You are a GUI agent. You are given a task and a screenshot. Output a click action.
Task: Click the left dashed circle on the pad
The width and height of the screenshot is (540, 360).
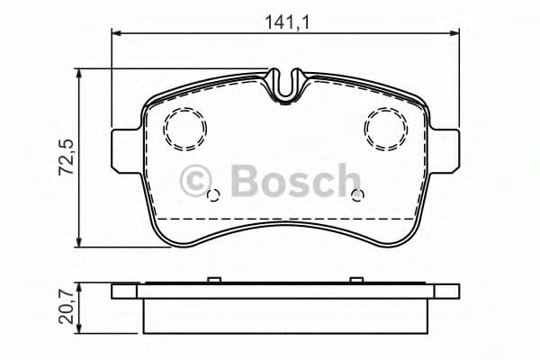(x=184, y=129)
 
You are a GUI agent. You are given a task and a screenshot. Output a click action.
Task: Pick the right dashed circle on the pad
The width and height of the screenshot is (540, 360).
(x=386, y=129)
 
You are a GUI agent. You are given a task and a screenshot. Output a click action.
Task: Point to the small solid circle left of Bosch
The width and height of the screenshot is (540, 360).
(x=213, y=196)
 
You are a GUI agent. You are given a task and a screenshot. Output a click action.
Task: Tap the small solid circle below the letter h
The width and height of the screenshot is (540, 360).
(x=357, y=196)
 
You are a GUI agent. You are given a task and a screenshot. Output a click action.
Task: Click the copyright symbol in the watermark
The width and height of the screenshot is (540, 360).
(x=196, y=180)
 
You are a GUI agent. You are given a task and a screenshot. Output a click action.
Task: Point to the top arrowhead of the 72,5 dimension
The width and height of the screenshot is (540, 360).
(x=82, y=73)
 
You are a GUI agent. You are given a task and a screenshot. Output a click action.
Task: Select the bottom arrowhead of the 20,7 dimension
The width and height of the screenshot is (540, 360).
(x=82, y=328)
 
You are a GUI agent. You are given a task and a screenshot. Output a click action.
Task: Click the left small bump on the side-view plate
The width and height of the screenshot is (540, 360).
(x=209, y=280)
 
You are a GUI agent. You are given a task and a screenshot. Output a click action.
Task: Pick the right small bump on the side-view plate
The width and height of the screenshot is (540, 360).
(x=360, y=280)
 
